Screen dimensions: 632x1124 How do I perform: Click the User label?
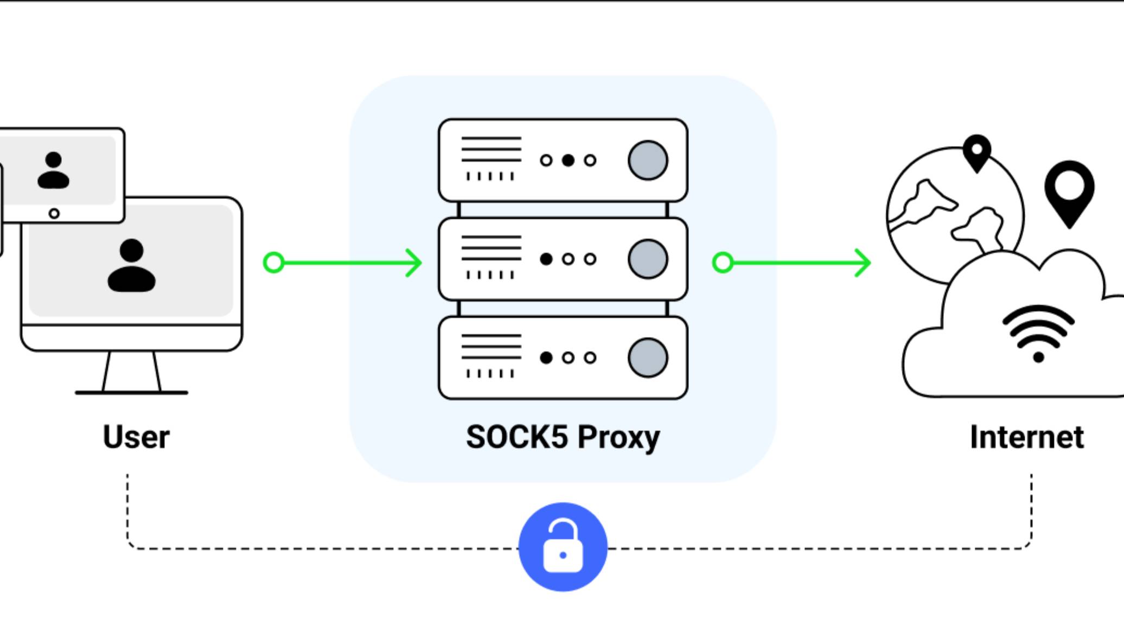136,437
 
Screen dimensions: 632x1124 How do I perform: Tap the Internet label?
1026,437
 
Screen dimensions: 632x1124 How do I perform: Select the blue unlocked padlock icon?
563,547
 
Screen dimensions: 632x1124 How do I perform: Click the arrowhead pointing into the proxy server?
416,263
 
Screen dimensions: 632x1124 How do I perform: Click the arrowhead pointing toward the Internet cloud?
865,263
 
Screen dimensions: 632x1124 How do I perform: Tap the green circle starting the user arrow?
274,263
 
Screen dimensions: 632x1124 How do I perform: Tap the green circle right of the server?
723,263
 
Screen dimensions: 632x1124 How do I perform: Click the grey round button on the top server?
648,161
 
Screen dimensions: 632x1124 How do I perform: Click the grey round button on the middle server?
648,259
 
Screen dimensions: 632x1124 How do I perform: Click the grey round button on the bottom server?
648,358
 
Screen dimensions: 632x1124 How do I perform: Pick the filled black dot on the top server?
568,161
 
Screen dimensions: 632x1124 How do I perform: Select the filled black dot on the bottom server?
546,358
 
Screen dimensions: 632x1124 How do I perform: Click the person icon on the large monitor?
131,266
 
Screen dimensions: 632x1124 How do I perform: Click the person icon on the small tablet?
53,170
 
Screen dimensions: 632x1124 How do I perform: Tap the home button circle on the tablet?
54,214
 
